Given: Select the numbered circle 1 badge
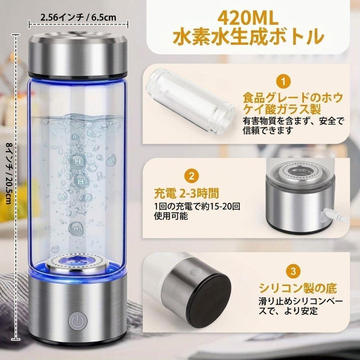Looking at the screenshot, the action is [x=283, y=82].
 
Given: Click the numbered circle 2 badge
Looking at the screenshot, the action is [x=192, y=176].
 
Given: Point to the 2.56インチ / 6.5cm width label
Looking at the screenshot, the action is [x=78, y=17].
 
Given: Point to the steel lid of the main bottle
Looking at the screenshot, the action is [x=78, y=52].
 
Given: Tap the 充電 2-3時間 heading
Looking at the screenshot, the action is [x=186, y=194].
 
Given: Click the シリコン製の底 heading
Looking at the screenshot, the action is [x=298, y=289].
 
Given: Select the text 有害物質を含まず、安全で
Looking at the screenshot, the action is [x=293, y=121].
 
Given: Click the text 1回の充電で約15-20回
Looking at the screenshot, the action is [x=197, y=206].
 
